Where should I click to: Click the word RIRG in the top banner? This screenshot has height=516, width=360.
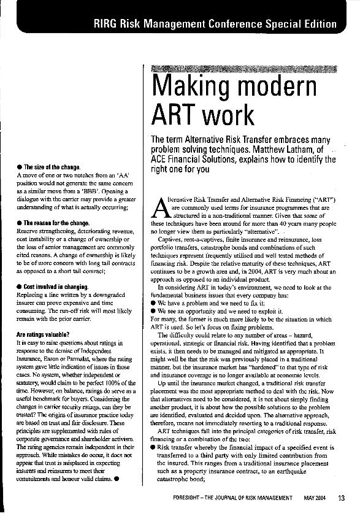(x=108, y=24)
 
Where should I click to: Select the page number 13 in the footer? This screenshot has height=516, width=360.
(x=342, y=498)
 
